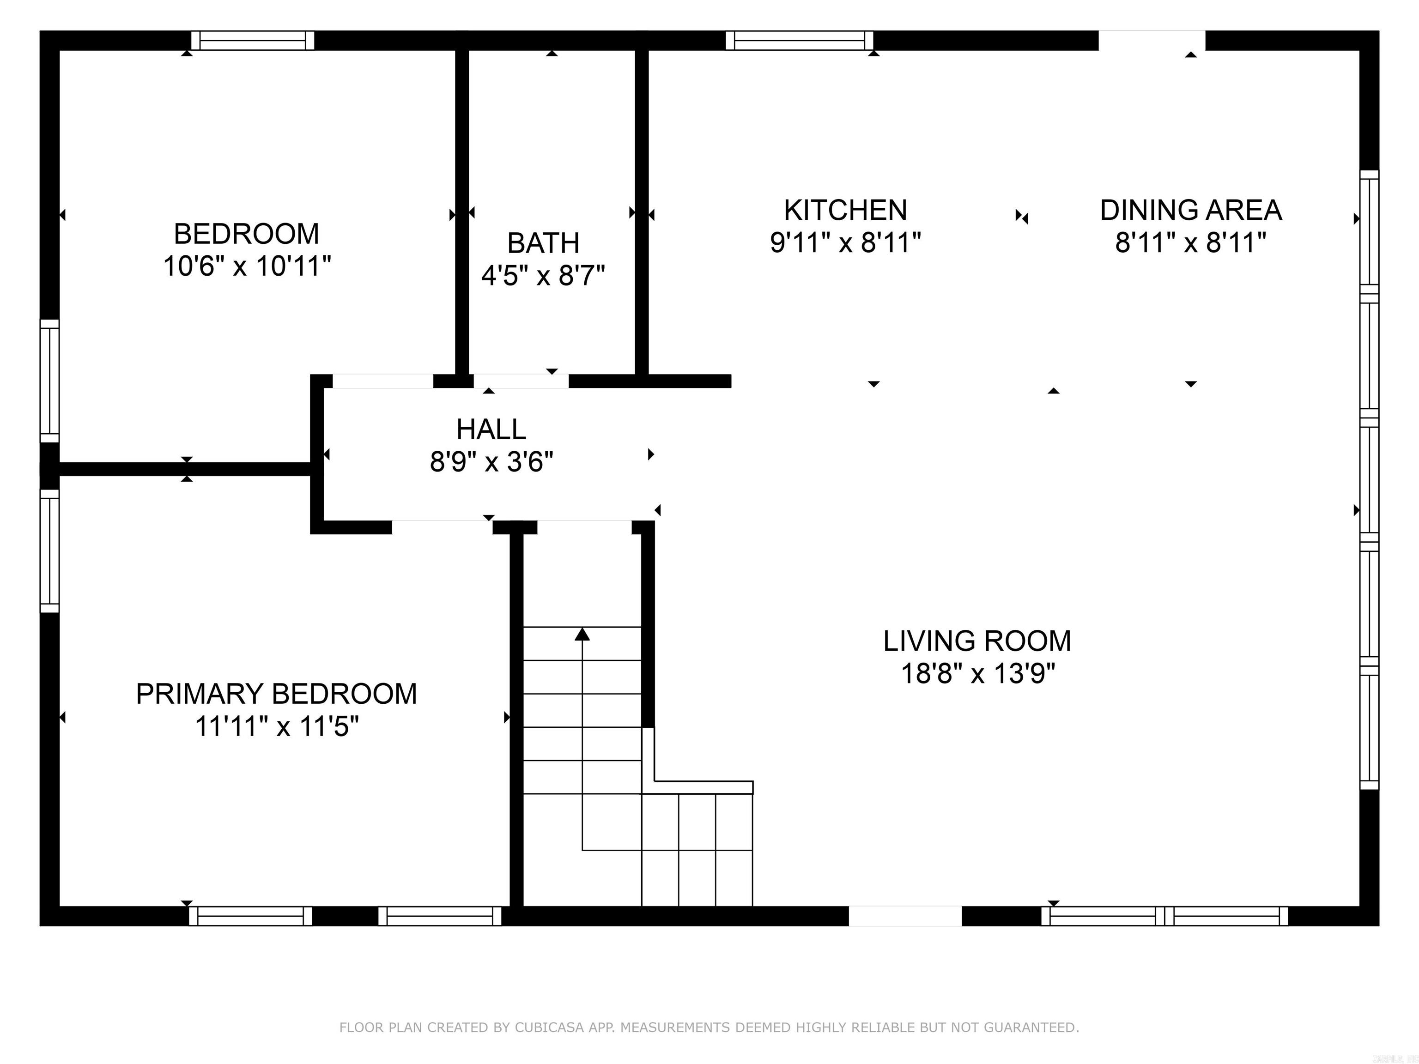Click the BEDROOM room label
(x=246, y=234)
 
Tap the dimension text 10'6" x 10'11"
(x=247, y=266)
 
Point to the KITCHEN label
(x=845, y=211)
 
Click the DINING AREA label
(x=1191, y=211)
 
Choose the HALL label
(x=491, y=429)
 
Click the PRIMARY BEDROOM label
(x=277, y=694)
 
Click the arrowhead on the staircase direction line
(x=582, y=635)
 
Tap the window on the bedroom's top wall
(x=253, y=40)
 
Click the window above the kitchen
(x=799, y=40)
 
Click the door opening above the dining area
(x=1152, y=40)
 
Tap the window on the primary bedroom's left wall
(x=49, y=551)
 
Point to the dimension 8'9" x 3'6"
(x=491, y=462)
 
